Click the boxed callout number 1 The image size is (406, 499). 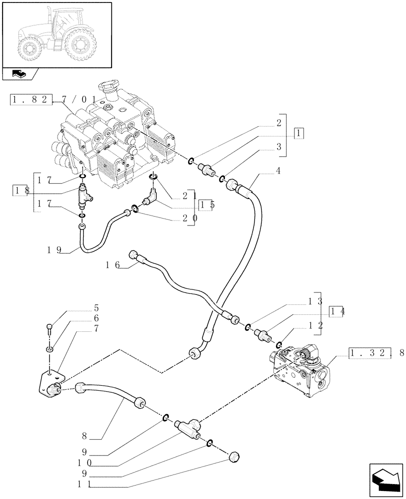tap(298, 133)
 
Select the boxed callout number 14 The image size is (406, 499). tap(337, 311)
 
